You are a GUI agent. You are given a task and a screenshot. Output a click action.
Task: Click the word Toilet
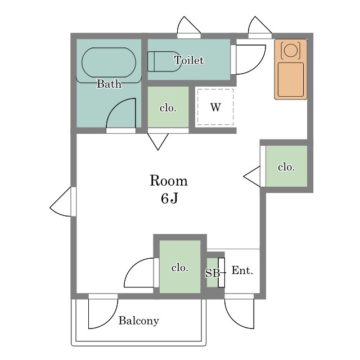click(189, 60)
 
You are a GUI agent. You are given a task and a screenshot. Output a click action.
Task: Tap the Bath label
click(109, 84)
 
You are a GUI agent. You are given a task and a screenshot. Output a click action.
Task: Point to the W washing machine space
click(215, 107)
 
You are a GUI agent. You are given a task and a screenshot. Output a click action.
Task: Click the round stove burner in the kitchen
click(290, 50)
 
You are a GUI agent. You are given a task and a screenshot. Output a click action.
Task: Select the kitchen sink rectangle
click(291, 79)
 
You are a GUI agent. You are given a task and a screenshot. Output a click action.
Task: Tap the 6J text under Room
click(169, 199)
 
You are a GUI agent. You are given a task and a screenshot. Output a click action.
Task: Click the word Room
click(169, 181)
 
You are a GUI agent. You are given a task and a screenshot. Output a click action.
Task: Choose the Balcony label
click(139, 321)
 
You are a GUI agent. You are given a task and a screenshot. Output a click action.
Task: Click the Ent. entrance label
click(242, 270)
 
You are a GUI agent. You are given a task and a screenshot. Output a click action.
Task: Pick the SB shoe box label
click(213, 273)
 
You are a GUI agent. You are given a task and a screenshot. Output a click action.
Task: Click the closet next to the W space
click(168, 107)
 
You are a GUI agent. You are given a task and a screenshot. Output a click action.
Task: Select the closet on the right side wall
click(286, 166)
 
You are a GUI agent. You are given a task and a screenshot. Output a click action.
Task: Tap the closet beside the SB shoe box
click(180, 267)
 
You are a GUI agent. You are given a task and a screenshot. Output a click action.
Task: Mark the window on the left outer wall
click(73, 201)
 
